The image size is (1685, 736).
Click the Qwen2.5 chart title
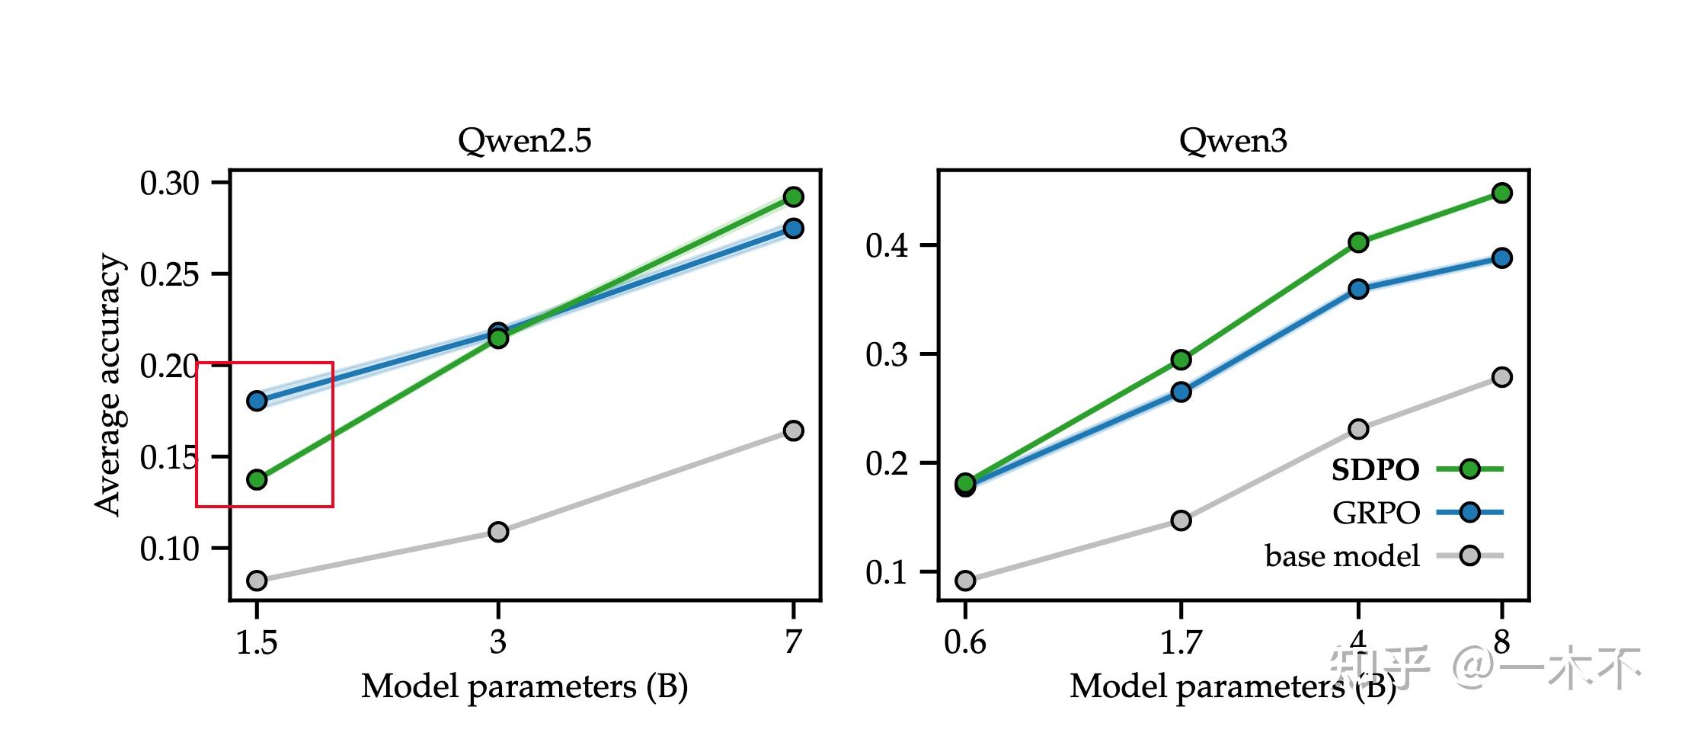pos(524,141)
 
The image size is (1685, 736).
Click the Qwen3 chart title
pos(1233,141)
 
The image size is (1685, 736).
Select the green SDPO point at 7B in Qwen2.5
pos(793,197)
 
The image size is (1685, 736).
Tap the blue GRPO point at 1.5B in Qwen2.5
pos(257,401)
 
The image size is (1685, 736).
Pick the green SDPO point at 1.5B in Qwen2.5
pos(257,479)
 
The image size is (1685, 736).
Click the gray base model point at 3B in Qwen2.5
pos(498,531)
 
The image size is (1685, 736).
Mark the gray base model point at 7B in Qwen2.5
pos(793,430)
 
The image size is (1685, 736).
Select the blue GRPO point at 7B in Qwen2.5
pos(793,229)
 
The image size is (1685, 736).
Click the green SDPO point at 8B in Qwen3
pos(1501,193)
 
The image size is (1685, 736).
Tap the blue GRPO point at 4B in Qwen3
pos(1358,289)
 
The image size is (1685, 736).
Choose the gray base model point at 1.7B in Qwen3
pos(1181,520)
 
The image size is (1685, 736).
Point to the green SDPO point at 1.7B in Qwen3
pos(1181,359)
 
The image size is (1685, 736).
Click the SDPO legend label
pos(1375,470)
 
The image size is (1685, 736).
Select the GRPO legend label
pos(1376,513)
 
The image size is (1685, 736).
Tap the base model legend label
pos(1342,556)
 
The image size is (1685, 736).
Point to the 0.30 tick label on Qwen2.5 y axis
pos(169,184)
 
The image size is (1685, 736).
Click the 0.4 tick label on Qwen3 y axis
pos(887,246)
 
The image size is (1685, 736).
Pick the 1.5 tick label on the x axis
pos(257,642)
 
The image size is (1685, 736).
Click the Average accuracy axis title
pos(108,385)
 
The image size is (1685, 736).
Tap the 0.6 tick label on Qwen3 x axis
pos(964,642)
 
